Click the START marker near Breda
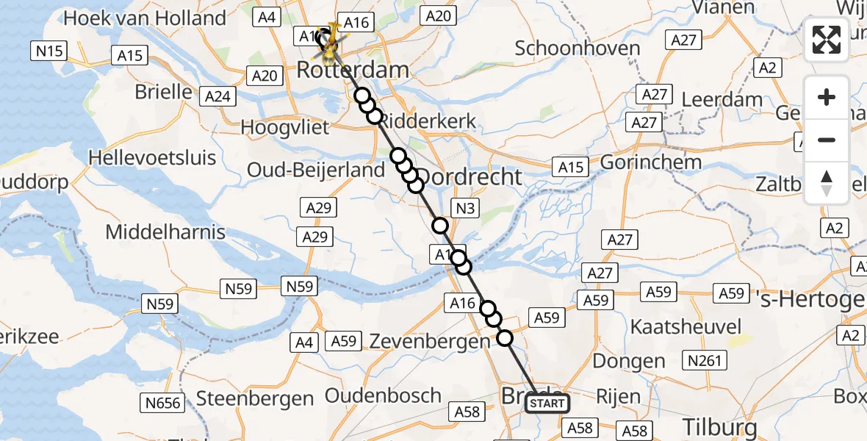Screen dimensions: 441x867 (x=547, y=404)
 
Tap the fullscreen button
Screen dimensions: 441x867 (x=827, y=40)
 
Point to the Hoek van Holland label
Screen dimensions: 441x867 (x=145, y=18)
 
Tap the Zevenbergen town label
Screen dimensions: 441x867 (x=429, y=341)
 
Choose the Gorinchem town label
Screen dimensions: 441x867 (x=651, y=162)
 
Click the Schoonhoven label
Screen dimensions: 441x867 (x=578, y=49)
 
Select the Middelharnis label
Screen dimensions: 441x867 (x=165, y=232)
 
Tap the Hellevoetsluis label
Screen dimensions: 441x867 (x=152, y=157)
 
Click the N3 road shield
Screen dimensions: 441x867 (x=465, y=209)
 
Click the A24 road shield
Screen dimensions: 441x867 (x=218, y=96)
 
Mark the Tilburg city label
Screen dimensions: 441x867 (x=720, y=427)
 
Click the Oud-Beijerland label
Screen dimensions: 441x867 (x=316, y=170)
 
